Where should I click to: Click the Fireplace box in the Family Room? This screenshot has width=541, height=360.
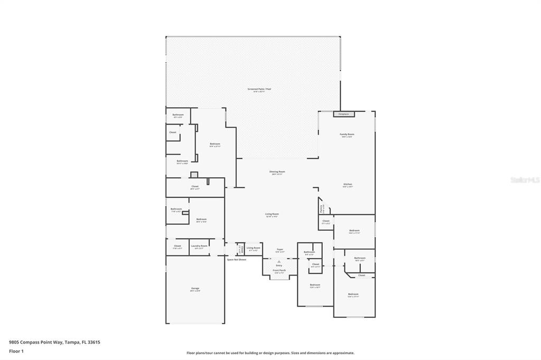(x=343, y=114)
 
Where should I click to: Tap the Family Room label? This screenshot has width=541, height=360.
(x=347, y=135)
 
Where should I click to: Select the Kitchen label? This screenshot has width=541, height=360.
(x=347, y=184)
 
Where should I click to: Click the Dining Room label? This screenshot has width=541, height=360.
(x=277, y=172)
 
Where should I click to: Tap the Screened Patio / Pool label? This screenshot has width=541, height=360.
(x=259, y=89)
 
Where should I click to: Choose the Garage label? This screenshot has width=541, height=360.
(x=195, y=289)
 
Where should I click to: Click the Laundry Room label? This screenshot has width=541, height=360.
(x=199, y=246)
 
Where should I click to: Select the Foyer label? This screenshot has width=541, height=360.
(x=280, y=249)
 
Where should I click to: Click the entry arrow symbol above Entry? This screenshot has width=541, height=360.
(x=279, y=261)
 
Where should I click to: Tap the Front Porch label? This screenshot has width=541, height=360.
(x=279, y=270)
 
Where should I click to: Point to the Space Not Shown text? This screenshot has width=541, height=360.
(x=236, y=260)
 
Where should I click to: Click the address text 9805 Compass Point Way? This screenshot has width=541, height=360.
(x=54, y=342)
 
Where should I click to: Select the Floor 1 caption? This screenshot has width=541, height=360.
(x=16, y=351)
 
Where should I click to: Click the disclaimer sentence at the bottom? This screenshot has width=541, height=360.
(x=270, y=353)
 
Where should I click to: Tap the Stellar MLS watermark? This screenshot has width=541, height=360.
(x=525, y=180)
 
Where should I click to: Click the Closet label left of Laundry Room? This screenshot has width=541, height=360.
(x=178, y=246)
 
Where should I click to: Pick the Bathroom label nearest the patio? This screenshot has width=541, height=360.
(x=178, y=115)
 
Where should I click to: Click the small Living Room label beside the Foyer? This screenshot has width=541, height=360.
(x=253, y=248)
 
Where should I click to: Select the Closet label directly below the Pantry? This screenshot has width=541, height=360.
(x=325, y=221)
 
